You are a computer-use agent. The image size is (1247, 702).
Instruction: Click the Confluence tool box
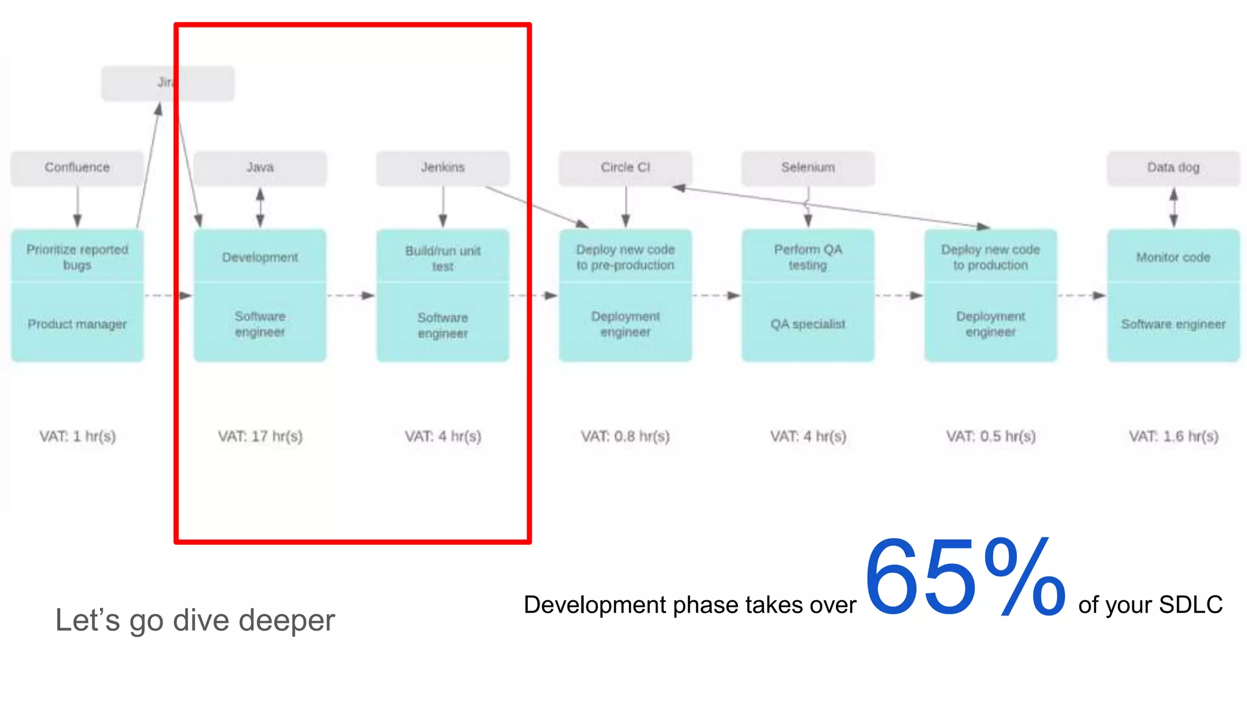point(77,168)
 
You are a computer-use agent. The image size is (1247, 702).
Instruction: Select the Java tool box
point(260,168)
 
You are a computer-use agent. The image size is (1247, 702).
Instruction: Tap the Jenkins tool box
point(443,168)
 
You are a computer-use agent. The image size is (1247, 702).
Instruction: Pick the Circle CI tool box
point(625,168)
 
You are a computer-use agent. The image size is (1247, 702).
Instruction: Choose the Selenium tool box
point(808,168)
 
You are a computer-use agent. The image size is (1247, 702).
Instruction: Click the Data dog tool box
point(1173,168)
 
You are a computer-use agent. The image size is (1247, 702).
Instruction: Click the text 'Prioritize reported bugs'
point(77,257)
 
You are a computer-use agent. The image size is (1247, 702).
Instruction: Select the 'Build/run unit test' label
point(443,258)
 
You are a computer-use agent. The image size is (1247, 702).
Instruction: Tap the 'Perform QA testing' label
point(808,257)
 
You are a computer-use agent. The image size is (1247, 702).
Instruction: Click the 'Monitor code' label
point(1173,257)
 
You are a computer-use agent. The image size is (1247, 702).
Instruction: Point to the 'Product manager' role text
point(77,324)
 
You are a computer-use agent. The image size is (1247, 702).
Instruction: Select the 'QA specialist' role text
point(808,324)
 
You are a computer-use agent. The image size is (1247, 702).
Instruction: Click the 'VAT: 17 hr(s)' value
point(260,436)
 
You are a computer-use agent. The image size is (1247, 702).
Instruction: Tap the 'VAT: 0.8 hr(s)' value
point(625,436)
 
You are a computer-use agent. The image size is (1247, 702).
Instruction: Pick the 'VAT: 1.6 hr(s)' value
point(1173,436)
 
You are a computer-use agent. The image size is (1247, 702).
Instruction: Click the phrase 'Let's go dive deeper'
point(195,620)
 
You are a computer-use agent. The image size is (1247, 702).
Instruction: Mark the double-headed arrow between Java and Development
point(260,208)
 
